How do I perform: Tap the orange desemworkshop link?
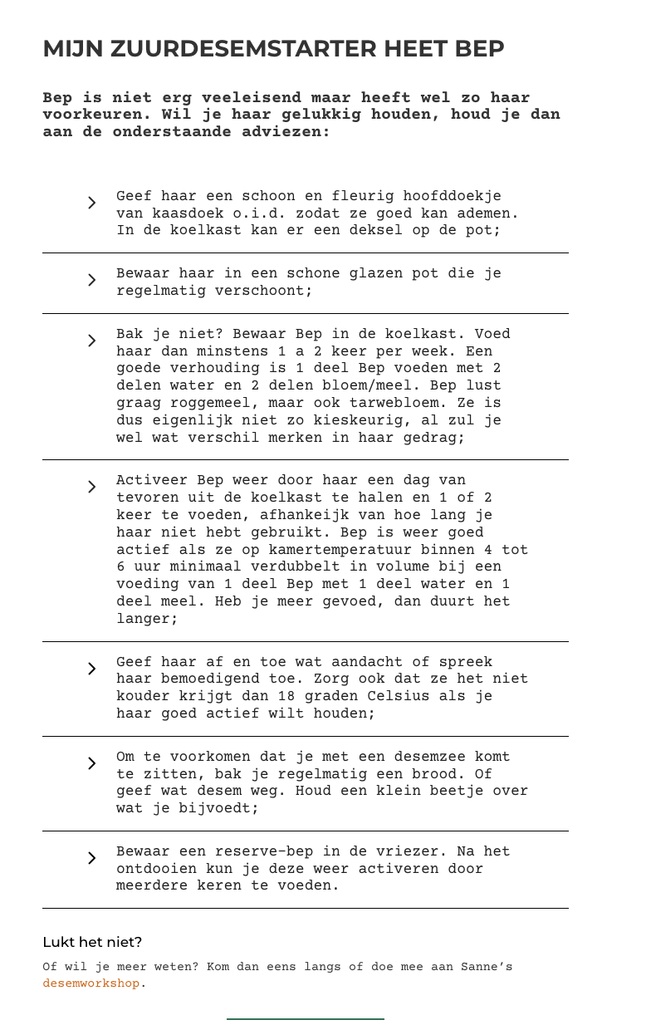coord(91,983)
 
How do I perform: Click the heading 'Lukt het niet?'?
coord(92,942)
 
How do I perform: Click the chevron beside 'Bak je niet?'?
coord(91,341)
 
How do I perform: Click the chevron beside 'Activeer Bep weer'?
coord(91,487)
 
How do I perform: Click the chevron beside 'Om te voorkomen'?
coord(91,763)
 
